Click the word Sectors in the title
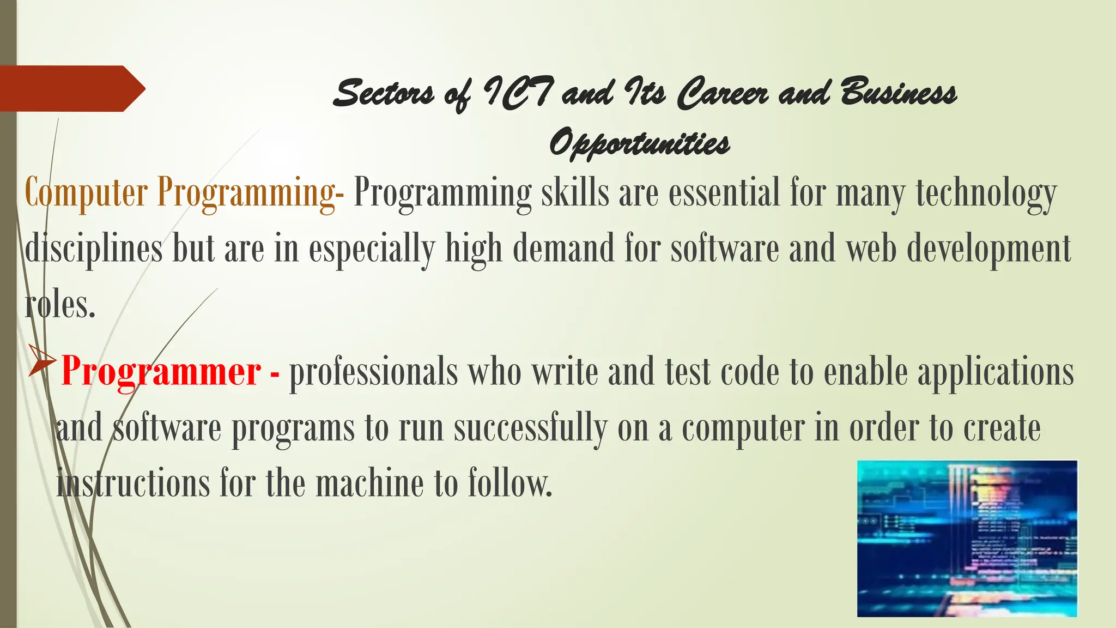pos(384,93)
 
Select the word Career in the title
pos(721,93)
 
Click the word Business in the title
pos(898,93)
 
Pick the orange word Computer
pos(86,193)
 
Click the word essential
pos(725,193)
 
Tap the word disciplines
pos(94,249)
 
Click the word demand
pos(563,249)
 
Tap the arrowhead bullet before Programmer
pos(41,361)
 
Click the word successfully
pos(530,428)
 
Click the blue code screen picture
pos(967,539)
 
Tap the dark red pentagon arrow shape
pos(71,88)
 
